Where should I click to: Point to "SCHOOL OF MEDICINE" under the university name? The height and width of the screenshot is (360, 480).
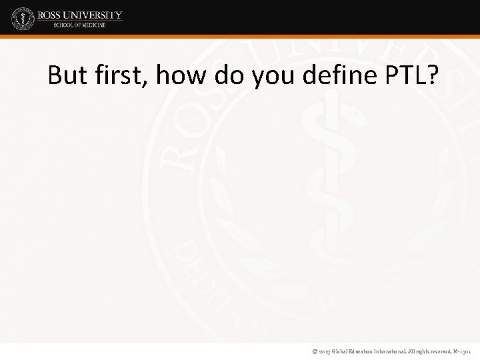80,25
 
